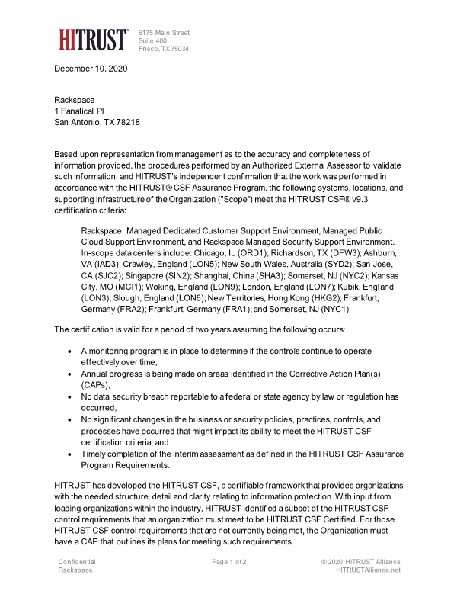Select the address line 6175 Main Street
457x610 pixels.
point(164,33)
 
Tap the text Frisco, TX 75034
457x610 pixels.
point(164,49)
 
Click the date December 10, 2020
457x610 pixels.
point(91,69)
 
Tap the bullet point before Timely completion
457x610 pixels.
point(71,454)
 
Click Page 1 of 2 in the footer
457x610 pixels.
point(228,562)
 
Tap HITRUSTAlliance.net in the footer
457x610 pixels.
point(368,570)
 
